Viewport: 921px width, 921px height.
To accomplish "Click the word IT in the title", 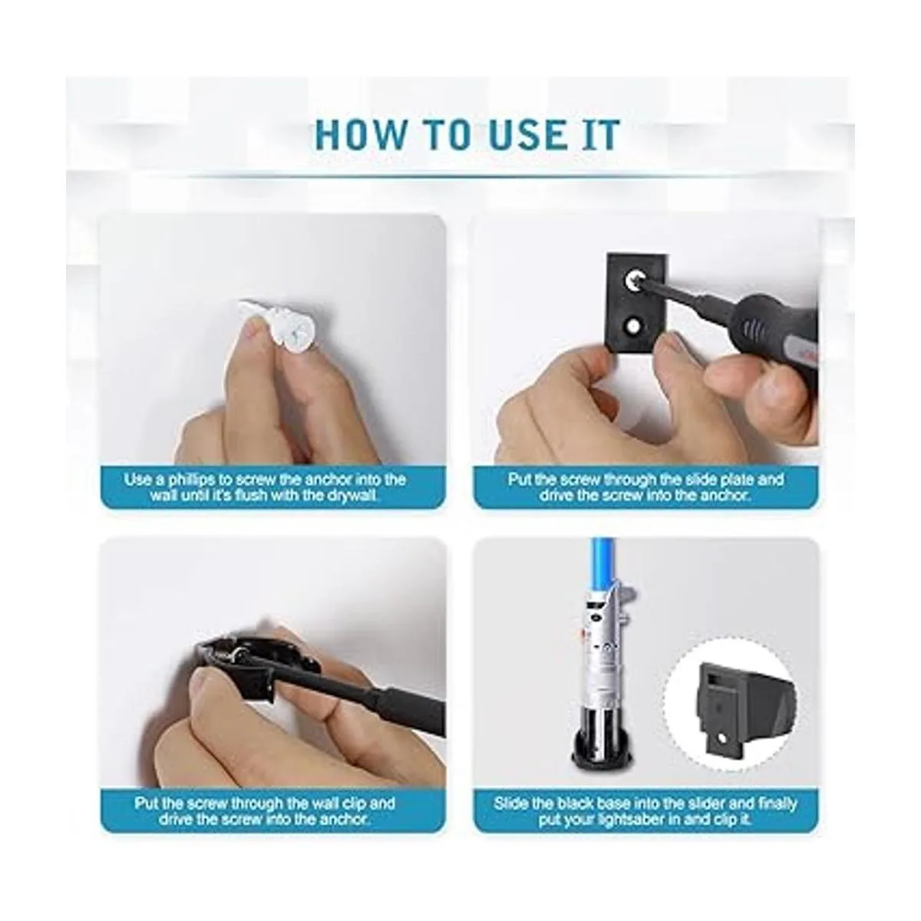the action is (602, 135).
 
